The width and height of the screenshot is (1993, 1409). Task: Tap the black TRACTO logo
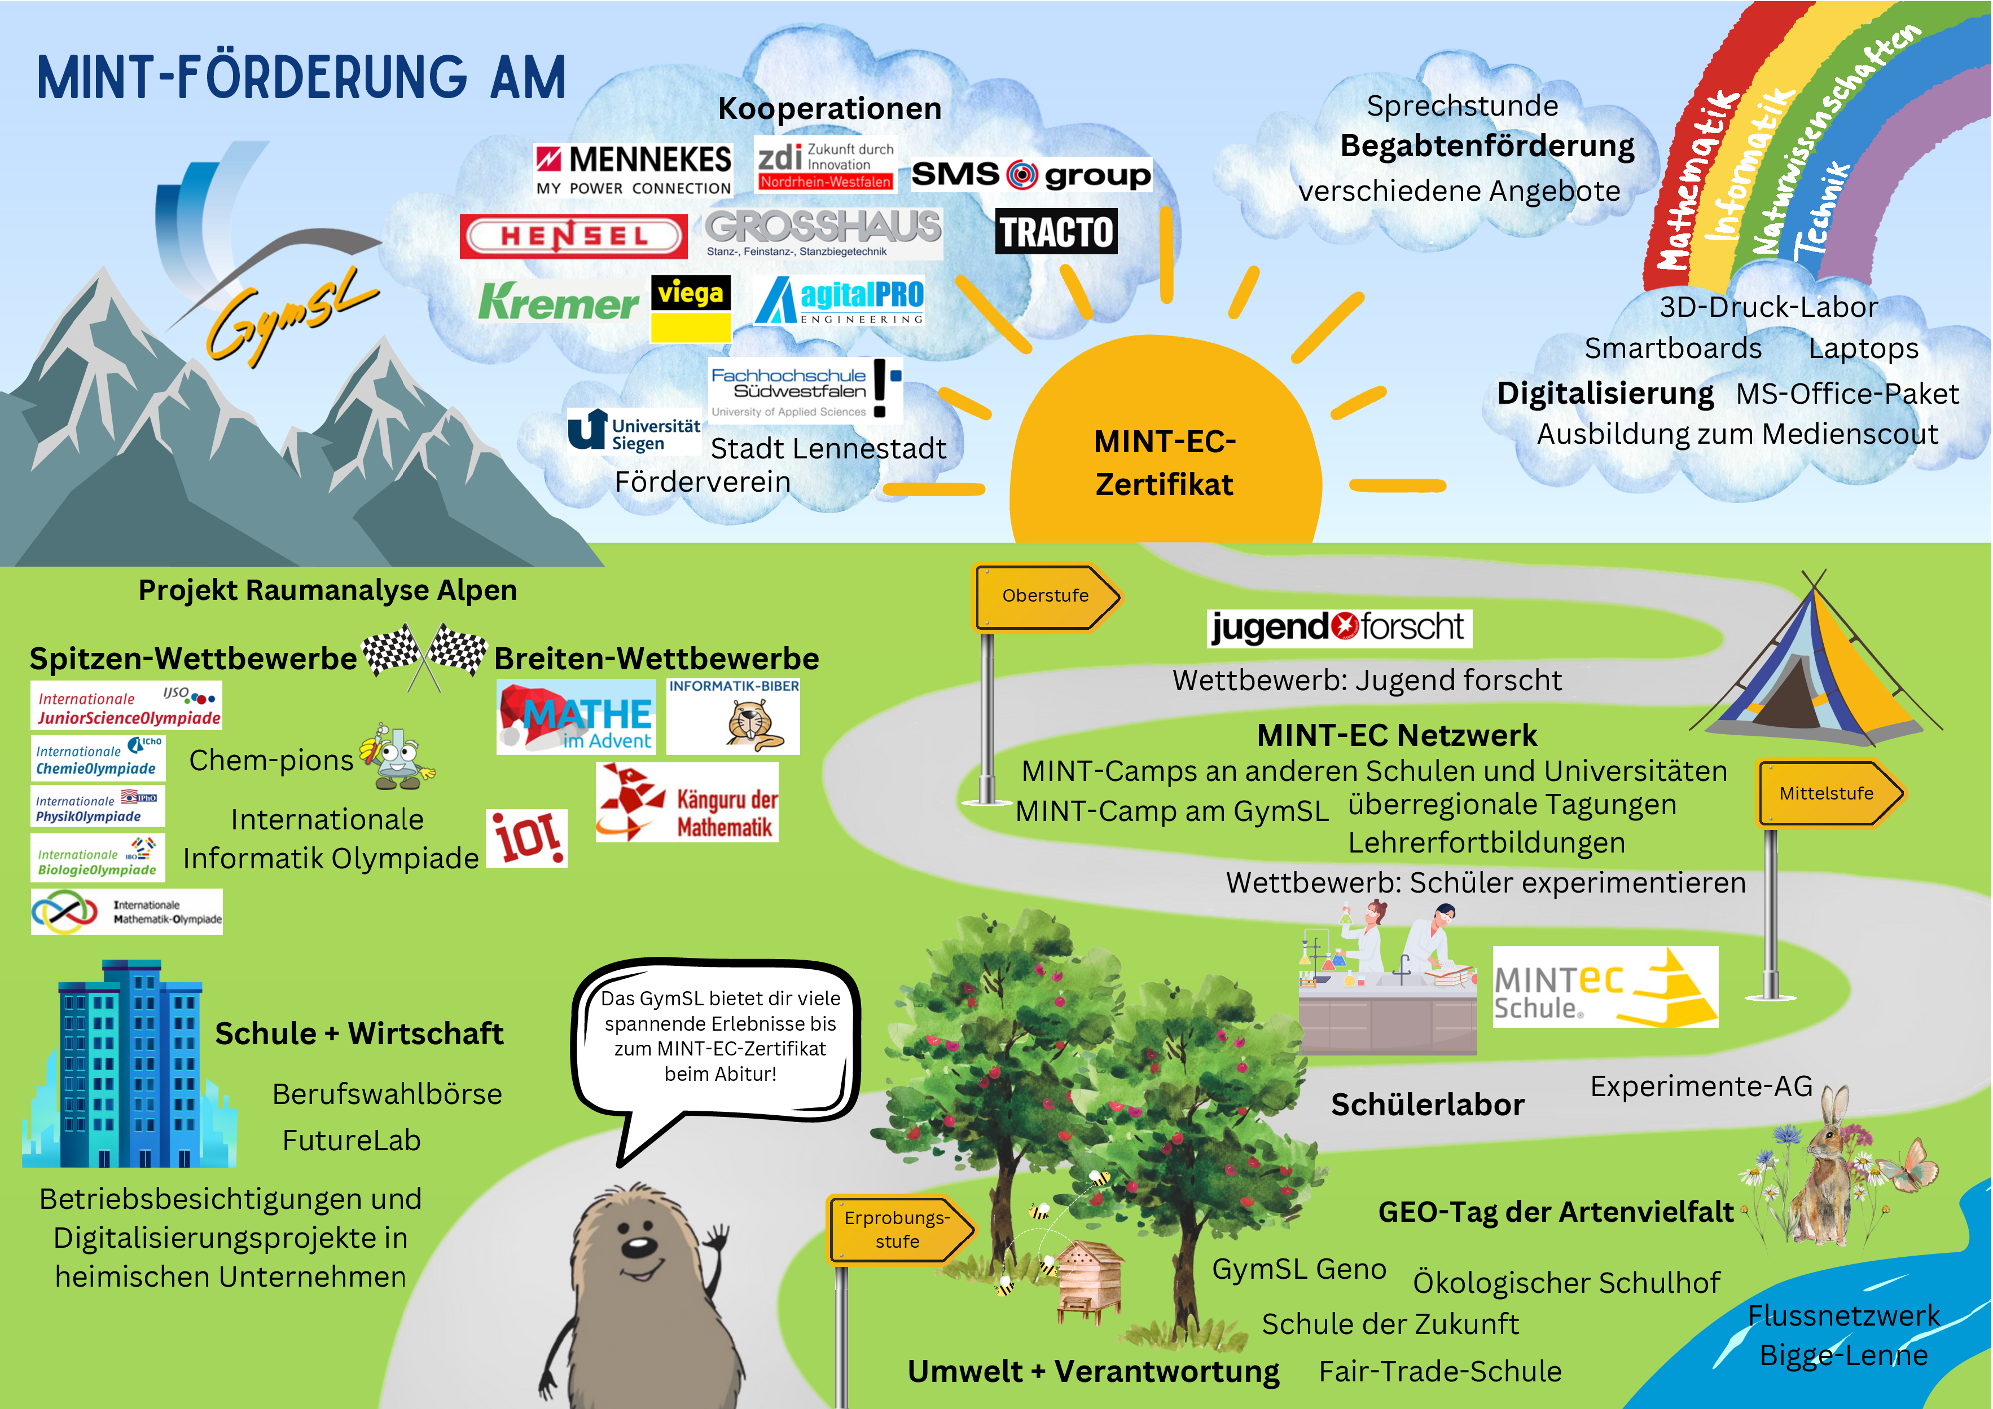pos(1056,232)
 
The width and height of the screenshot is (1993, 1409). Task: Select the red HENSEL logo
pos(573,236)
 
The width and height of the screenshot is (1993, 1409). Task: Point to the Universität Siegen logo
pos(634,432)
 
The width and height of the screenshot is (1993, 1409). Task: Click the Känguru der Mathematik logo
pos(687,802)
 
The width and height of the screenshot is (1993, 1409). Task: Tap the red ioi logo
pos(527,838)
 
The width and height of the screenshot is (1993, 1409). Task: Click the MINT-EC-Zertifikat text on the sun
pos(1165,462)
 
